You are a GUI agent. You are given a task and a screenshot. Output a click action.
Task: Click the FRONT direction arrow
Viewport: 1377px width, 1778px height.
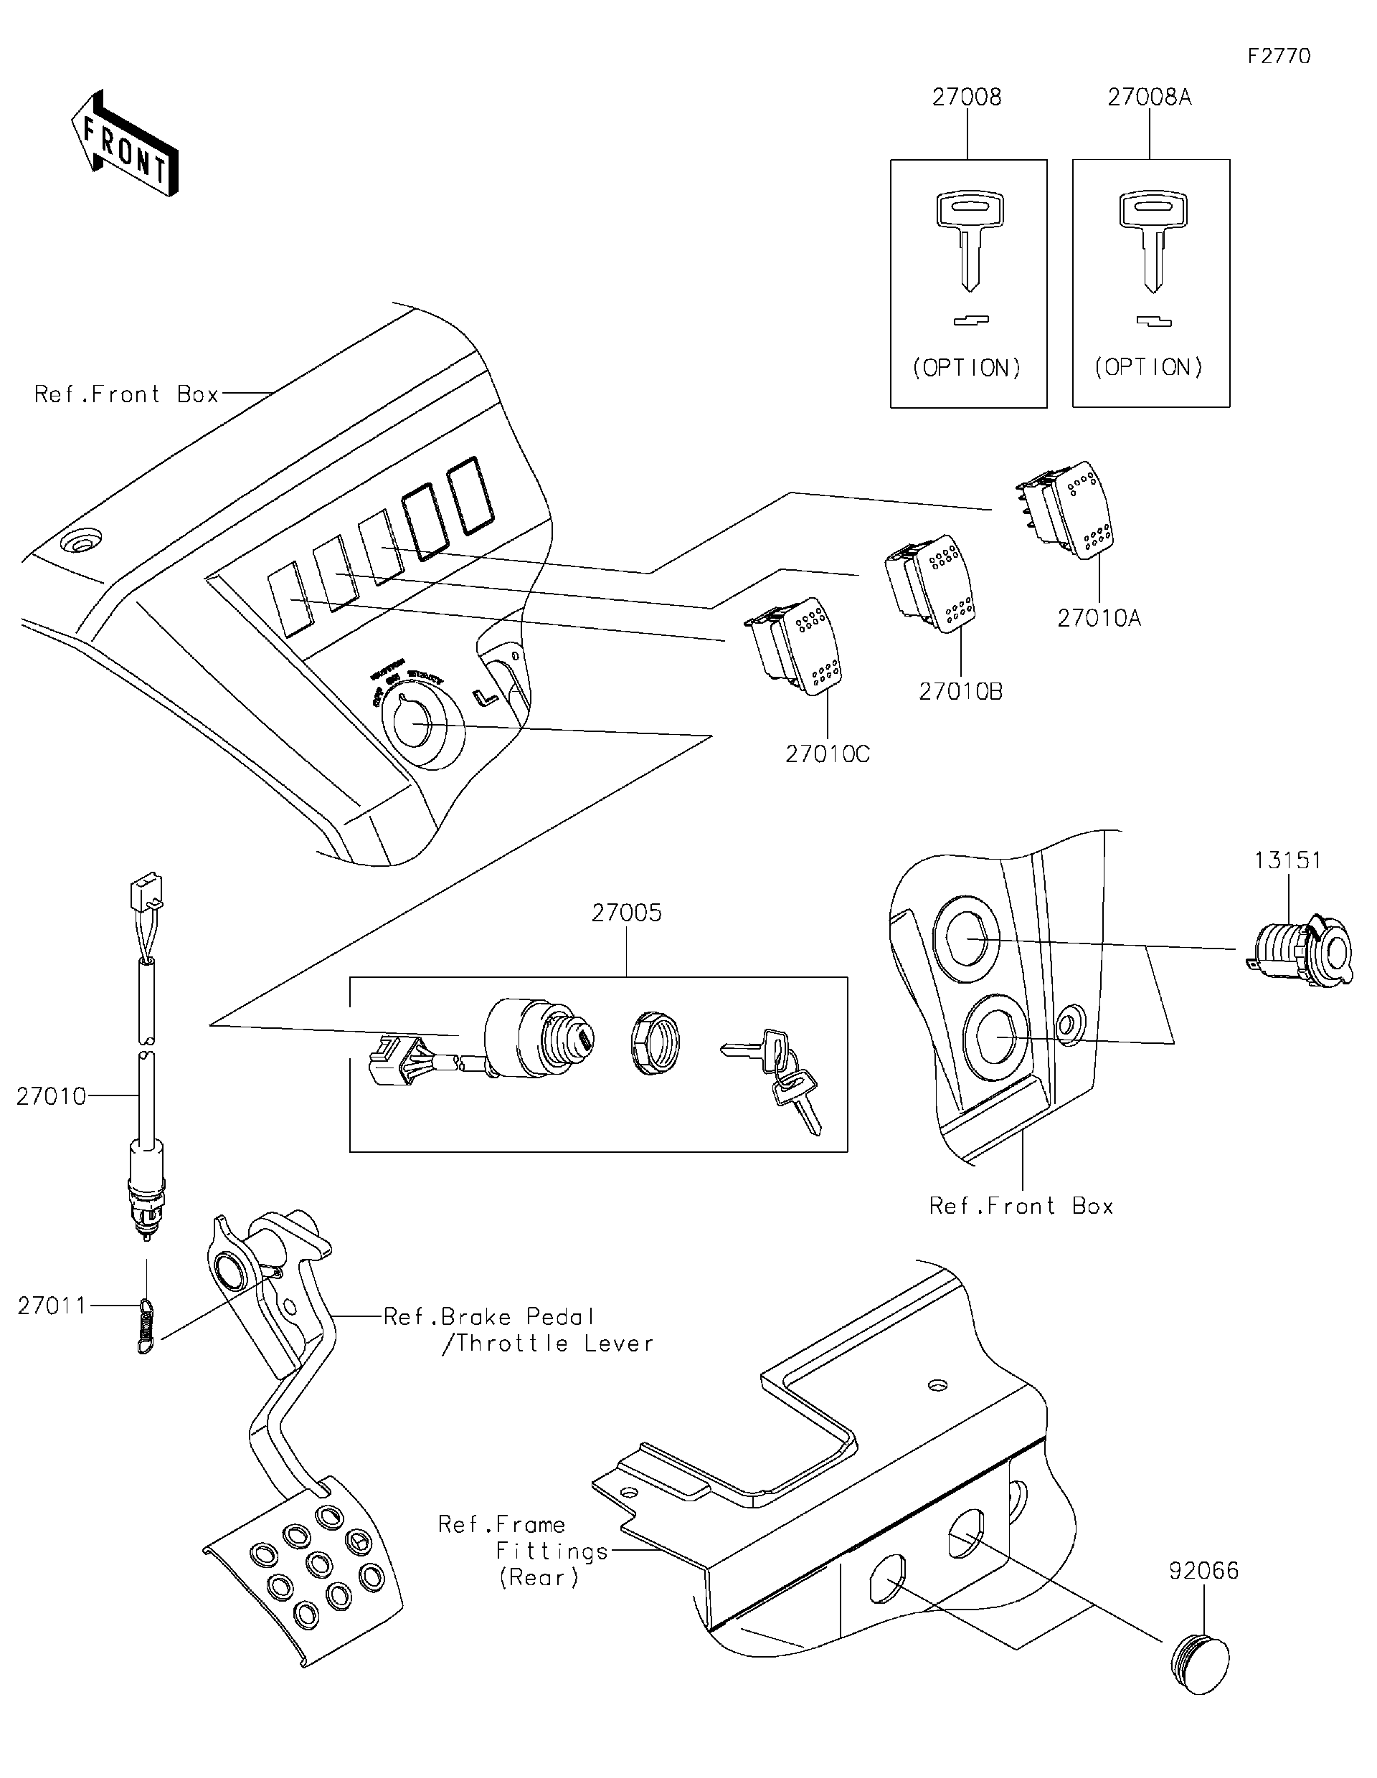tap(124, 145)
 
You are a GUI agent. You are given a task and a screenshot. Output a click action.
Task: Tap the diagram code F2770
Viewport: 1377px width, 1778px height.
tap(1279, 56)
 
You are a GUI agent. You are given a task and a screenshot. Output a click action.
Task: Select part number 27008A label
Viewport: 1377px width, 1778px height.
tap(1149, 98)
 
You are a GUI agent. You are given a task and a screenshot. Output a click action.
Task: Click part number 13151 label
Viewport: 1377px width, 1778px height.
tap(1287, 860)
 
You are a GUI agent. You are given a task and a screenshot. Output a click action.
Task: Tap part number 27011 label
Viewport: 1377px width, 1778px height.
tap(52, 1306)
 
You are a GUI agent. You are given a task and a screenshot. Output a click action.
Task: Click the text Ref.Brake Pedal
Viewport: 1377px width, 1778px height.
tap(488, 1317)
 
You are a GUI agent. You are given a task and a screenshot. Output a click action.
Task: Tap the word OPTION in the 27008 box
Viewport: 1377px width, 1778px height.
tap(967, 368)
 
